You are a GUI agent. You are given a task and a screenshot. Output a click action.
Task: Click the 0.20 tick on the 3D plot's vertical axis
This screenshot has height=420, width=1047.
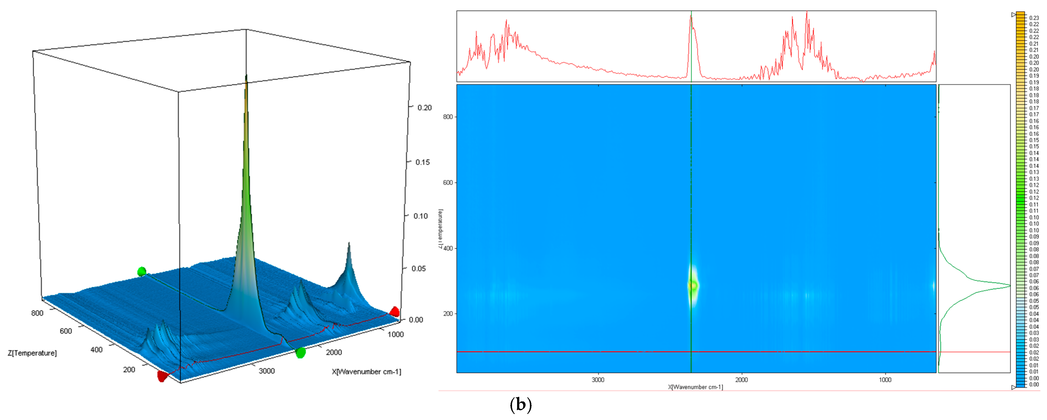(x=424, y=108)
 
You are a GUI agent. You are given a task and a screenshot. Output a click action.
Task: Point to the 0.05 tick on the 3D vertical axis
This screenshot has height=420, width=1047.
(x=419, y=269)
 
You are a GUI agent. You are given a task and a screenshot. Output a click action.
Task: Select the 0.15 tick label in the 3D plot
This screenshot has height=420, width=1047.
(x=422, y=162)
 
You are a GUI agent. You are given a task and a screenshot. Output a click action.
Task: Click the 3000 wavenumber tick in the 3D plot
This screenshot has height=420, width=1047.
(x=267, y=371)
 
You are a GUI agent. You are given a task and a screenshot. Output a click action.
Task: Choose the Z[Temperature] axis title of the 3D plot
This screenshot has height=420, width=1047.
(x=32, y=353)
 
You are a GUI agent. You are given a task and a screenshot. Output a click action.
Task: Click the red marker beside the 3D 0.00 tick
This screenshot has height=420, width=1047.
(x=394, y=312)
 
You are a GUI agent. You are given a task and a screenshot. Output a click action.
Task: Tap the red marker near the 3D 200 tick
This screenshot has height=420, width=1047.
(x=162, y=377)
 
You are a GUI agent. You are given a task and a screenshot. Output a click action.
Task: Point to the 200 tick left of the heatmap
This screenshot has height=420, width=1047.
(x=448, y=314)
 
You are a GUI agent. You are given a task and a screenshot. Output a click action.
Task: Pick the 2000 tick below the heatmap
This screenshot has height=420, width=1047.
(x=741, y=380)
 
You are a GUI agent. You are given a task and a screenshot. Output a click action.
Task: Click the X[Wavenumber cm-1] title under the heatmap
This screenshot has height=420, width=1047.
(x=696, y=387)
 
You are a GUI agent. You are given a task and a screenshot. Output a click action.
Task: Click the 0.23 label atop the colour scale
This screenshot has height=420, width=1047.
(x=1034, y=18)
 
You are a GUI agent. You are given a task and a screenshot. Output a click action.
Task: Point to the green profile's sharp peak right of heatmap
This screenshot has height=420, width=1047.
(x=1009, y=286)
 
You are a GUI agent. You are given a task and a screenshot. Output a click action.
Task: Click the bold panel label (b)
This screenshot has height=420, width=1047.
(x=521, y=405)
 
